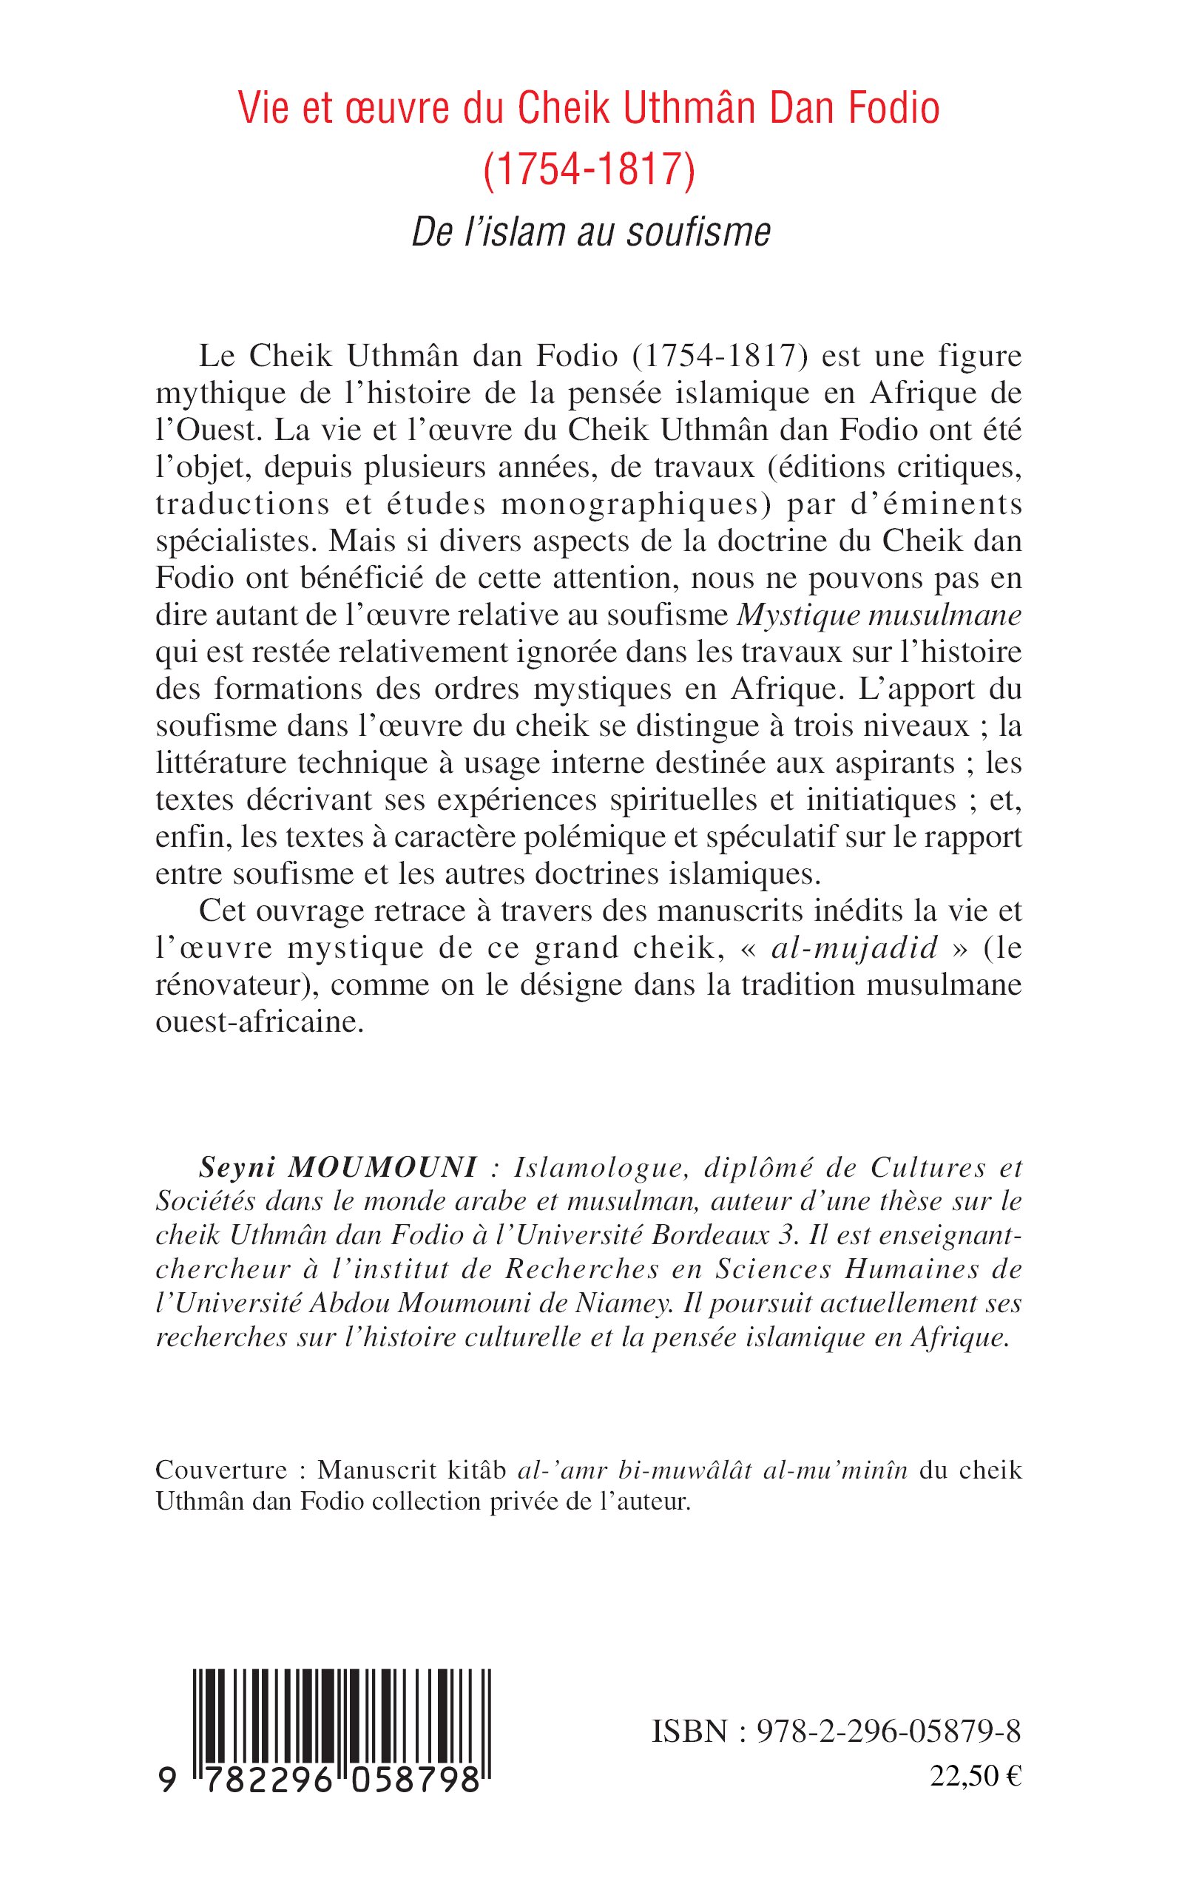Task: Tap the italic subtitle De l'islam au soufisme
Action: tap(591, 232)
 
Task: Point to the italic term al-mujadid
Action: tap(854, 948)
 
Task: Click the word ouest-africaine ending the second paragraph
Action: tap(260, 1022)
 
